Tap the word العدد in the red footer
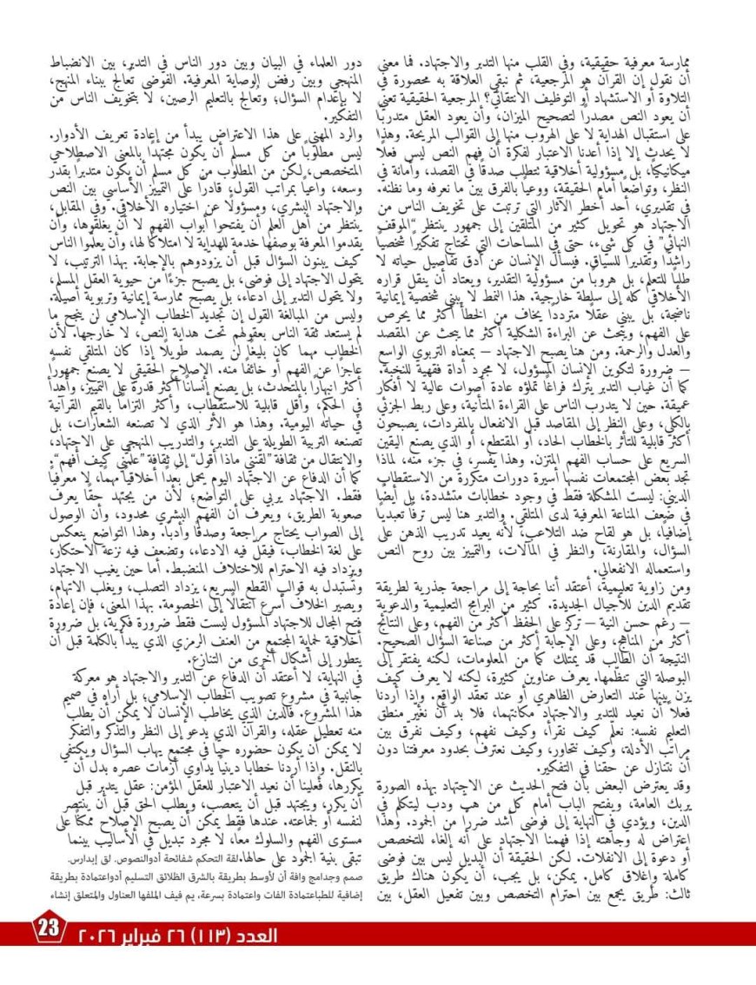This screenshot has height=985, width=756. point(258,935)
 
